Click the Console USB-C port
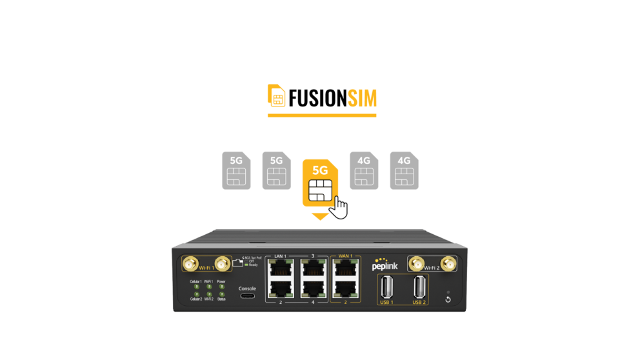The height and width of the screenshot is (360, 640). click(x=247, y=297)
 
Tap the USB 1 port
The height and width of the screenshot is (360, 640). click(x=385, y=286)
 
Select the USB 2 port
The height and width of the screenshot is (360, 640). click(x=419, y=286)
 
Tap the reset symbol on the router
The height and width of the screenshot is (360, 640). click(x=448, y=299)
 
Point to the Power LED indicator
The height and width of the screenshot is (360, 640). click(x=222, y=288)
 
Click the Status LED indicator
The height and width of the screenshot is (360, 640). click(x=222, y=295)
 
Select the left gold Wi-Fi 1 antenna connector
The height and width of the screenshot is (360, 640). click(x=190, y=263)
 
